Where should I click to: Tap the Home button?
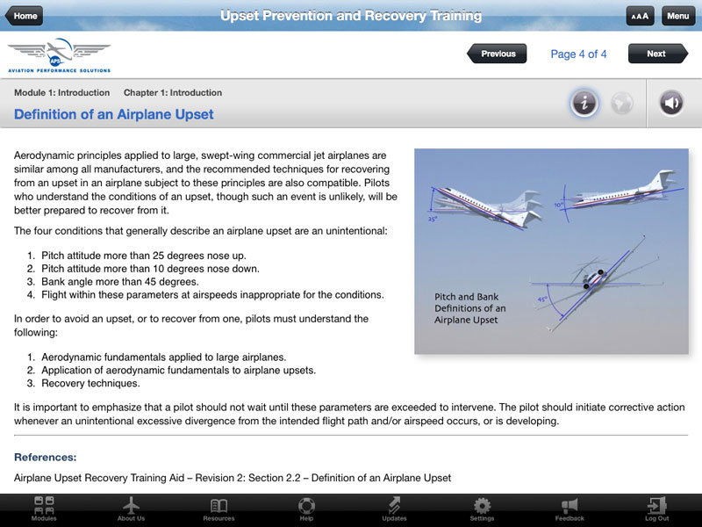pos(25,16)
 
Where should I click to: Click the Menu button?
pos(677,16)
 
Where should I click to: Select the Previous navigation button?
pos(498,54)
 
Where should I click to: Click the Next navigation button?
pos(655,54)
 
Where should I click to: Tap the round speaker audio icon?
pos(672,104)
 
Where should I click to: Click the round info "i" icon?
pos(584,104)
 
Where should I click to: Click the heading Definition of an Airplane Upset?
pos(114,114)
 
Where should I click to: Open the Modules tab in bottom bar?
pos(44,509)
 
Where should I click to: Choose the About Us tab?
pos(132,509)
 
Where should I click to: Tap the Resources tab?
pos(218,509)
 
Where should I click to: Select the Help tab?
pos(306,509)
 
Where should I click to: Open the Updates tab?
pos(394,509)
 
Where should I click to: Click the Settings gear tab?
pos(482,509)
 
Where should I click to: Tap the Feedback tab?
pos(569,509)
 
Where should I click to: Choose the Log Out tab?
pos(656,509)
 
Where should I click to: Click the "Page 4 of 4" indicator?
pos(579,54)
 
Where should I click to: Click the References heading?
pos(46,457)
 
